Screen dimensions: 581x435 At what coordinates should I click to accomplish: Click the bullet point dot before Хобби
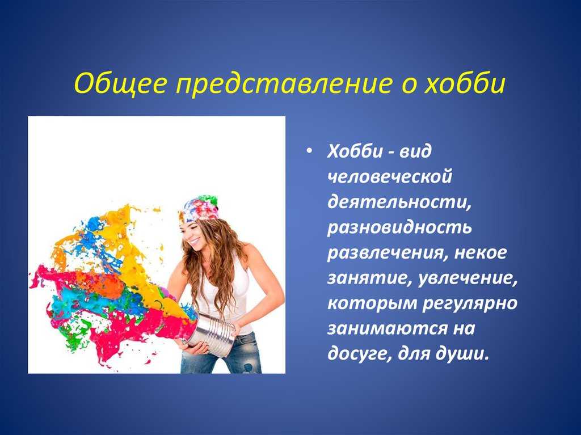(309, 151)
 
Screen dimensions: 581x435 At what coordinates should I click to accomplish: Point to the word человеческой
(389, 176)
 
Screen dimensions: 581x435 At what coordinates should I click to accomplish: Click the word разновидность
(399, 227)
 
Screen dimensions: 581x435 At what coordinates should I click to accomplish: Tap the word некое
(480, 253)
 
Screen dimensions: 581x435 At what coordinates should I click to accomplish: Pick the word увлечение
(468, 278)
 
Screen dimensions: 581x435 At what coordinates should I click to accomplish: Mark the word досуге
(359, 354)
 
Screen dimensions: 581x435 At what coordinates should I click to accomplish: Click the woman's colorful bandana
(199, 208)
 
